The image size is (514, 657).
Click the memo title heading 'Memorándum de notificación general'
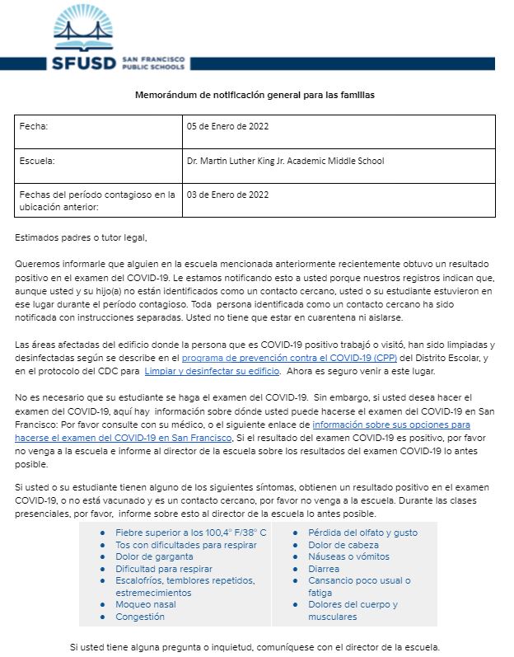[x=255, y=96]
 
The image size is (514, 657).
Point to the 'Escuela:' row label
[x=38, y=161]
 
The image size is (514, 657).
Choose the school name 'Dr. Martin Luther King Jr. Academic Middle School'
[x=286, y=161]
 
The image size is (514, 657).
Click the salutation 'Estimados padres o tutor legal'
[x=81, y=238]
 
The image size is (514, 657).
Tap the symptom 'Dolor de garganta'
[x=153, y=557]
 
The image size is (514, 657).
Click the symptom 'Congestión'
[x=140, y=617]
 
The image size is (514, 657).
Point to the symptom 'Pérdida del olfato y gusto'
[x=362, y=533]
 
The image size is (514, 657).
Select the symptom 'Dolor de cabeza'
[x=343, y=545]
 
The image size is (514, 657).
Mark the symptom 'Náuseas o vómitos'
[x=348, y=557]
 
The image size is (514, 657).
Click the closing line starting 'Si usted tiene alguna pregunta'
[x=255, y=647]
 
